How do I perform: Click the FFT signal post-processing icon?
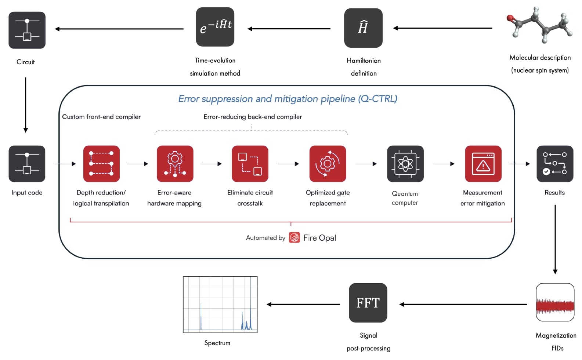point(368,303)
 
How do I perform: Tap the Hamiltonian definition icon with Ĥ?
point(363,28)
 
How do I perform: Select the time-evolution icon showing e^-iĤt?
point(215,27)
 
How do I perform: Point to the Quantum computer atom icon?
point(405,164)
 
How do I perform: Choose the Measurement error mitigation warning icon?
point(483,164)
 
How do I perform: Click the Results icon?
point(555,164)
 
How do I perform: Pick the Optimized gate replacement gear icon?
point(328,164)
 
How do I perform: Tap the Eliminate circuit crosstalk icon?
point(250,164)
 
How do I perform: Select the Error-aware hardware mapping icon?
point(175,164)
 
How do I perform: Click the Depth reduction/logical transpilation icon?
point(101,164)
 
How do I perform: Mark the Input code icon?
point(27,164)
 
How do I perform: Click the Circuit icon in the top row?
point(27,30)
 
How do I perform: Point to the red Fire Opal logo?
point(294,238)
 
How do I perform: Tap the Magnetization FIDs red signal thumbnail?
point(555,302)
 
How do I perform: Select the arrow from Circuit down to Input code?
point(26,105)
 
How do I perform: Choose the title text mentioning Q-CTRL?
point(288,99)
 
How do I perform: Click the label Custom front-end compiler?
point(101,117)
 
